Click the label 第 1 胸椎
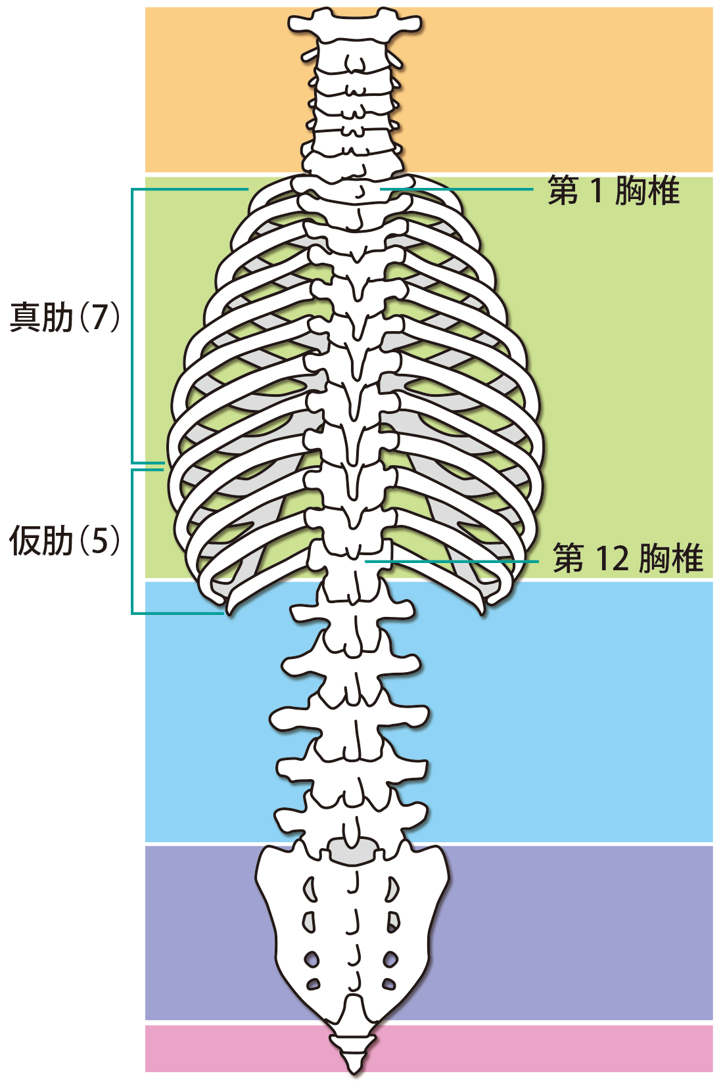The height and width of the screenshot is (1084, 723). (613, 191)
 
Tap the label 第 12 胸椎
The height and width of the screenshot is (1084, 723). (628, 558)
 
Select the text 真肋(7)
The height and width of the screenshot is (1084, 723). (64, 317)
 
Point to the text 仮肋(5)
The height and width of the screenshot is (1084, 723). (64, 541)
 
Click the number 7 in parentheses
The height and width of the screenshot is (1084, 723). (99, 317)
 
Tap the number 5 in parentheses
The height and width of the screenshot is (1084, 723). (99, 541)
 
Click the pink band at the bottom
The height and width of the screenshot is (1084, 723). (526, 1048)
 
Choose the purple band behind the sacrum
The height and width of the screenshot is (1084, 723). (559, 933)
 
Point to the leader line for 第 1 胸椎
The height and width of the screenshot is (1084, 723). (460, 189)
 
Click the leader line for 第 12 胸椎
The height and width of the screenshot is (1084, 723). (454, 562)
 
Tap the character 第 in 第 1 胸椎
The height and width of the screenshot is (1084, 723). (563, 191)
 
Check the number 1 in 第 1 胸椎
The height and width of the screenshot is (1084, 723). (596, 191)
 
